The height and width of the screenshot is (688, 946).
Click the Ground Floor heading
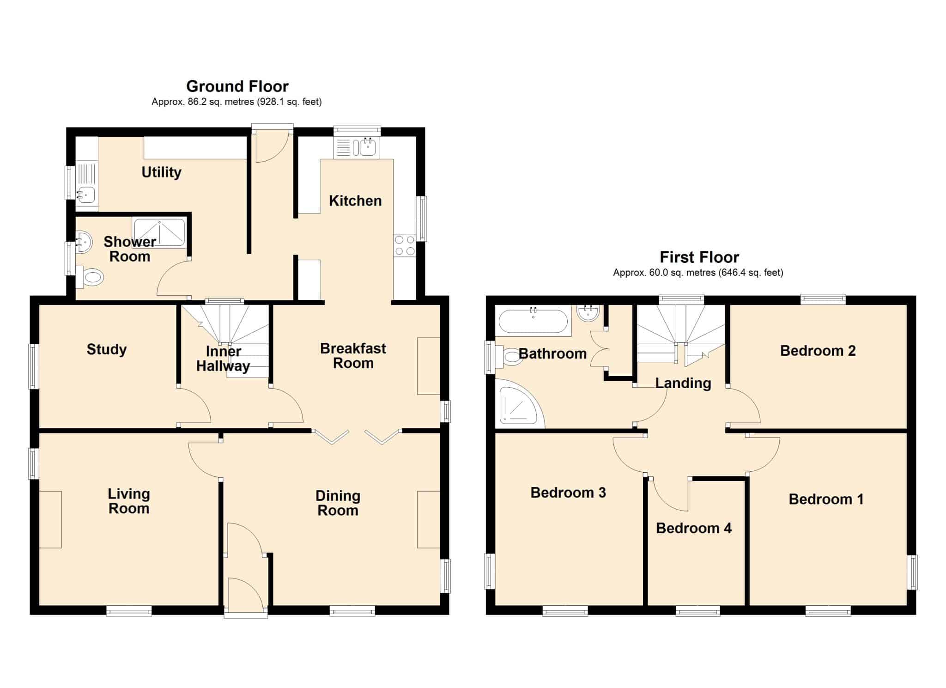point(237,86)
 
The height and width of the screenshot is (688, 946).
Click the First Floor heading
point(699,257)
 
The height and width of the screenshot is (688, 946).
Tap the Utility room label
point(161,172)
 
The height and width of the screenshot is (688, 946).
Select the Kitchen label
point(355,201)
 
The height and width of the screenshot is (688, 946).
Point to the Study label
point(107,349)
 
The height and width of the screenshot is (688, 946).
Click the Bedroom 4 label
point(694,528)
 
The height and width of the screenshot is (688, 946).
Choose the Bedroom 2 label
point(818,351)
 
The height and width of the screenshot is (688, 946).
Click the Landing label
point(683,384)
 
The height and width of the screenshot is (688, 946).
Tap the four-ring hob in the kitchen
point(405,245)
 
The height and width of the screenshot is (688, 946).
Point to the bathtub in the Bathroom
point(534,321)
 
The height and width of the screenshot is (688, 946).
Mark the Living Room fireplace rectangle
point(50,520)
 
